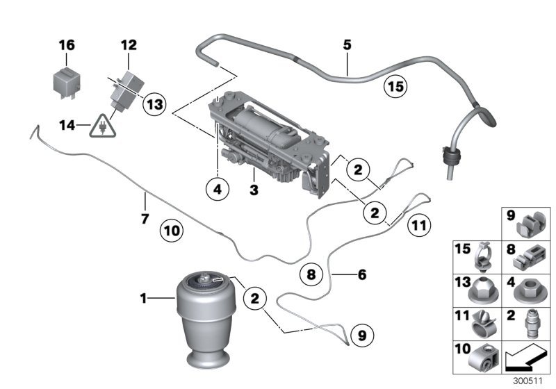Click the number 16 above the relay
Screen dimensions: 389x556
click(x=66, y=46)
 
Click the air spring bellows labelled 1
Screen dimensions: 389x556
click(x=207, y=320)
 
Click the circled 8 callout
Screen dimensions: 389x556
click(x=312, y=274)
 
